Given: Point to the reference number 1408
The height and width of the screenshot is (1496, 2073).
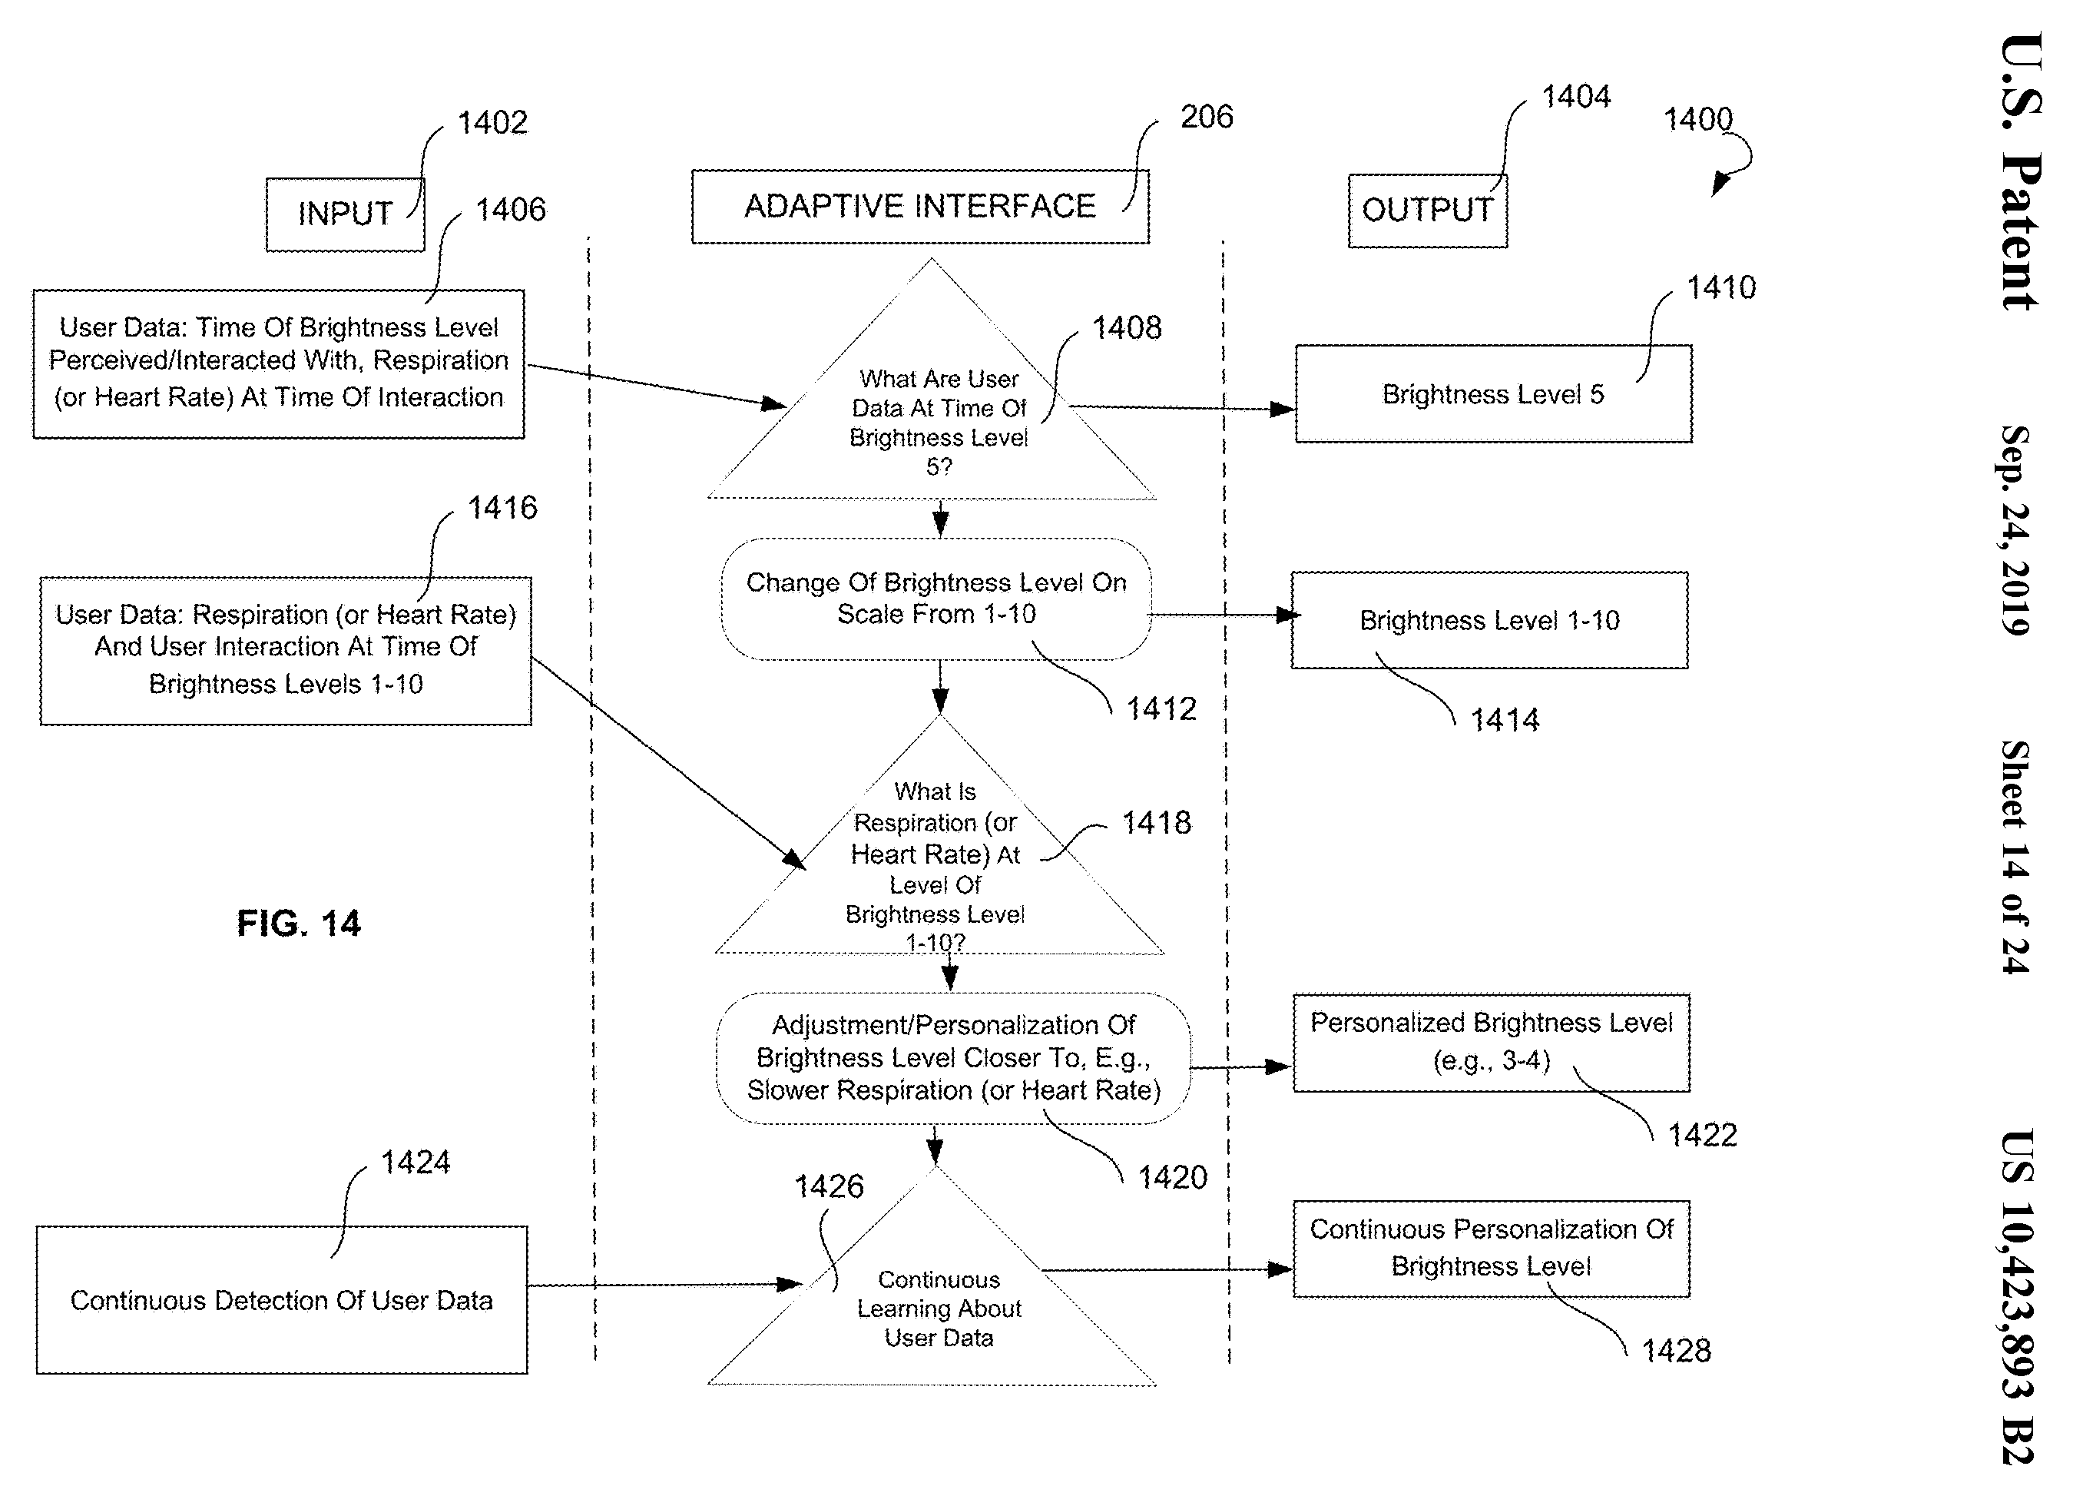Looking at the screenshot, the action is point(1127,327).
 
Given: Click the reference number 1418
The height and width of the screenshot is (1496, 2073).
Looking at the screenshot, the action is point(1156,823).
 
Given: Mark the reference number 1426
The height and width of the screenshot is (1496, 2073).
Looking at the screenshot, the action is point(829,1186).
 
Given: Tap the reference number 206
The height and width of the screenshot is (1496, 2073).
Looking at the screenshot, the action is point(1207,117).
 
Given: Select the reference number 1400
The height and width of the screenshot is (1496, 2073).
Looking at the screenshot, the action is point(1698,119).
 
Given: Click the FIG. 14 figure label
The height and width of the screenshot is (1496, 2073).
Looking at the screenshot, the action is point(299,924).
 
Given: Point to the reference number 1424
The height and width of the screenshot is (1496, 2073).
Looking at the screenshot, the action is point(416,1163).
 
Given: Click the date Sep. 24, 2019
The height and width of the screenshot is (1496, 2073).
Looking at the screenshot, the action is point(2015,530).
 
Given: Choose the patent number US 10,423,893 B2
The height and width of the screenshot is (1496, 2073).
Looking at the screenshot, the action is point(2016,1297).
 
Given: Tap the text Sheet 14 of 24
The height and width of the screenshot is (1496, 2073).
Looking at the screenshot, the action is point(2015,857).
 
